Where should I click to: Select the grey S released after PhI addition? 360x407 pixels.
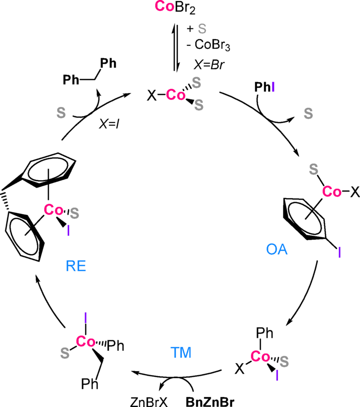(x=309, y=114)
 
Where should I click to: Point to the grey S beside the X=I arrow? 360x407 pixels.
(x=61, y=114)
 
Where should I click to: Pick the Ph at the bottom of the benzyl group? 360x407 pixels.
(x=89, y=385)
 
